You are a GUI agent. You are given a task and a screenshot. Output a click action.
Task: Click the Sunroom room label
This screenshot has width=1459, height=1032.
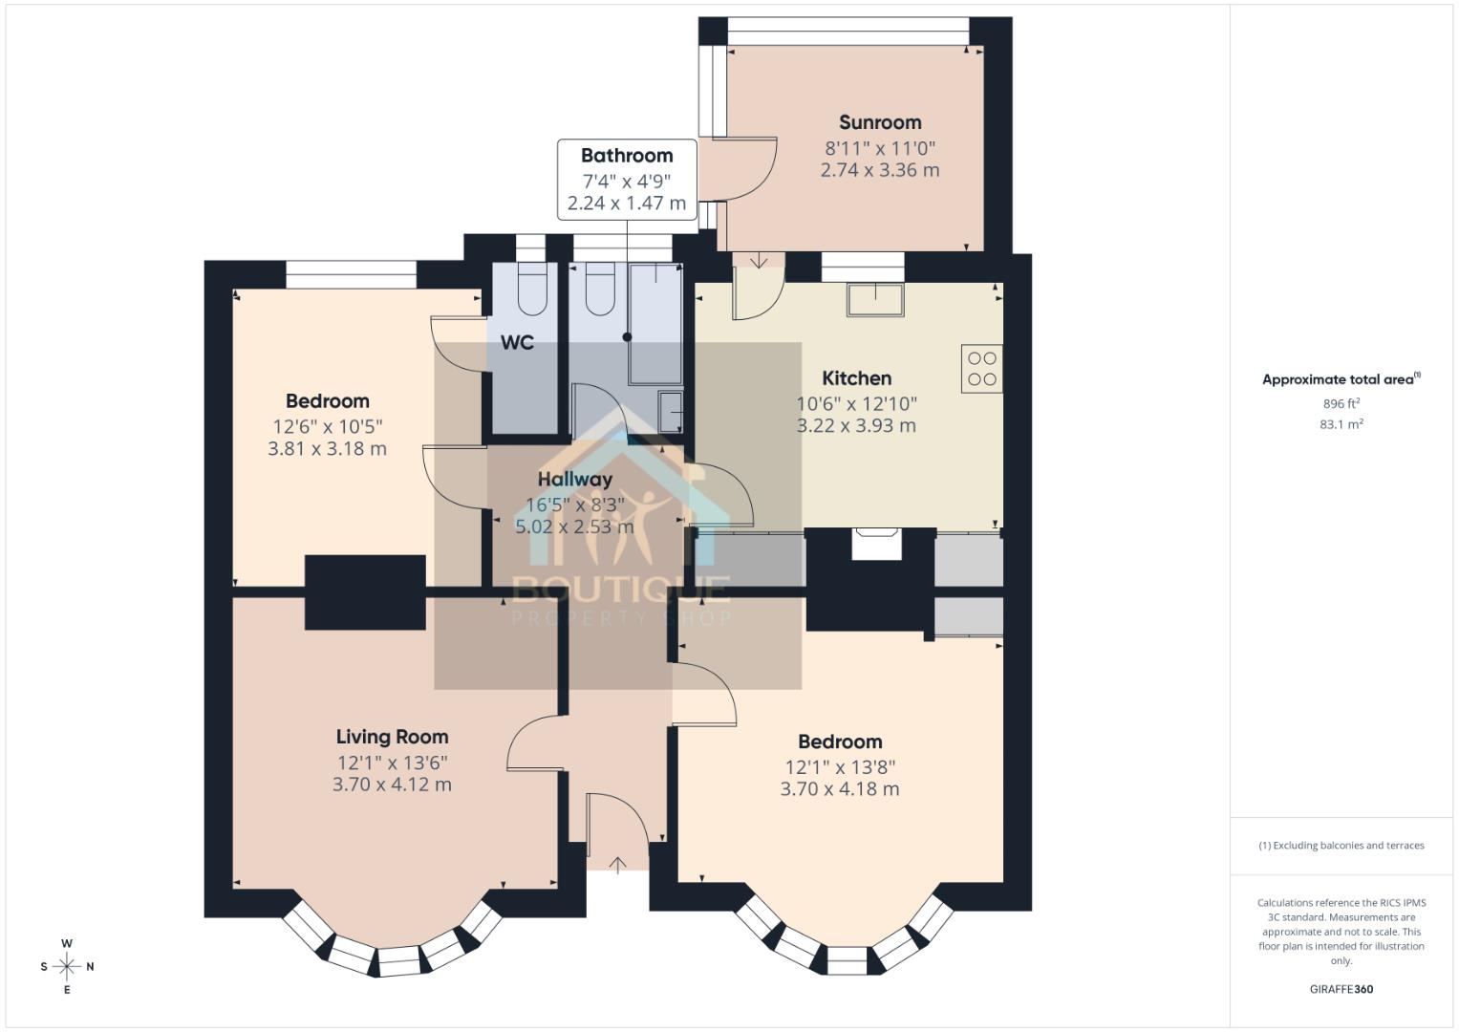tap(880, 122)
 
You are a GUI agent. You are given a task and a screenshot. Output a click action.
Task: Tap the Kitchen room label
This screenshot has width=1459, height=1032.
tap(856, 378)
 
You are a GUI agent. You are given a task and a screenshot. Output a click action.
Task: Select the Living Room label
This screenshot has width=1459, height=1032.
tap(392, 737)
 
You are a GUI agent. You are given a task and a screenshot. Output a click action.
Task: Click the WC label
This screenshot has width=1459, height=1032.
tap(517, 342)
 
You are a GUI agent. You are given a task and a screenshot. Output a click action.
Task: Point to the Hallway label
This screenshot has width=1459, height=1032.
tap(574, 480)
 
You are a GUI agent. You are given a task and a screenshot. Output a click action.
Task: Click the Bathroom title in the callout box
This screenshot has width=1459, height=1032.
tap(627, 156)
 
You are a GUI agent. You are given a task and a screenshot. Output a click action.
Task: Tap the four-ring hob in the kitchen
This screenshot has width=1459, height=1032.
tap(982, 369)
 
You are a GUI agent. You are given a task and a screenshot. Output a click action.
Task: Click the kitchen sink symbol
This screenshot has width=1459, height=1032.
tap(875, 299)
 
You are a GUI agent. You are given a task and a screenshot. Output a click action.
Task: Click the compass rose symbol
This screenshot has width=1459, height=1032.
tap(67, 966)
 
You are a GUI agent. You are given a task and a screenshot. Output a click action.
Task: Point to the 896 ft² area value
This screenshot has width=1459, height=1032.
tap(1341, 403)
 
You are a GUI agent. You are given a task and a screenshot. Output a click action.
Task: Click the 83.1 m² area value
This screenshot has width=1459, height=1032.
tap(1341, 424)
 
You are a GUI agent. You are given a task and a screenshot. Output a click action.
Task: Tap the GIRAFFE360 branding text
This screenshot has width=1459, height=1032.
tap(1341, 989)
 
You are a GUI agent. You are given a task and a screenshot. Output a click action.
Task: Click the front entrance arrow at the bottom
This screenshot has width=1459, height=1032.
tap(618, 865)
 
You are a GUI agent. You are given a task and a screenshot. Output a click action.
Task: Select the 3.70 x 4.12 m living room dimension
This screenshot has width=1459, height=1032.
tap(392, 785)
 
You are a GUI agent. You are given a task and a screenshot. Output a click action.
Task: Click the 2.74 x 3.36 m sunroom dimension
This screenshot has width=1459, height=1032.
tap(880, 170)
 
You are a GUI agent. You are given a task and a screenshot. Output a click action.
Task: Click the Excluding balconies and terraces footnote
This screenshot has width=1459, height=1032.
tap(1341, 846)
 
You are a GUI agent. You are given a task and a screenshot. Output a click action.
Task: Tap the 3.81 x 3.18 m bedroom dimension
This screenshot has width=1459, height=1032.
tap(327, 448)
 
